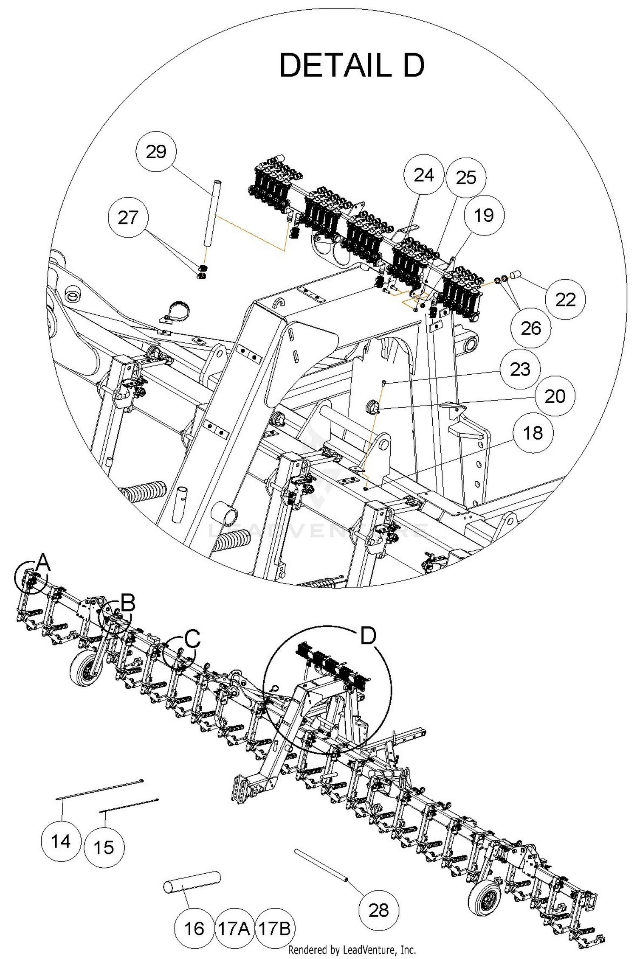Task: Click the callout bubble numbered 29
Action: pyautogui.click(x=156, y=151)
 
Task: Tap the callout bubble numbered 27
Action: pyautogui.click(x=128, y=217)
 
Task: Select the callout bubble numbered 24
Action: pyautogui.click(x=423, y=174)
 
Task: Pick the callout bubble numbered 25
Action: pyautogui.click(x=466, y=177)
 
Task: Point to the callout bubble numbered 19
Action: pyautogui.click(x=484, y=215)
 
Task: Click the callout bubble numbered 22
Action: pyautogui.click(x=565, y=300)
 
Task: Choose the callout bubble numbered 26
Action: pyautogui.click(x=531, y=328)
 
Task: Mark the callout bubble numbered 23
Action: pyautogui.click(x=520, y=369)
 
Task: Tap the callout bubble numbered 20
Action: pyautogui.click(x=555, y=396)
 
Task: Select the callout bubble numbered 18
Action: pyautogui.click(x=533, y=433)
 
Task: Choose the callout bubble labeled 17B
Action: pyautogui.click(x=274, y=928)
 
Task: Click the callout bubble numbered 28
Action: pyautogui.click(x=378, y=910)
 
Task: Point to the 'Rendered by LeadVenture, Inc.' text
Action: pyautogui.click(x=352, y=951)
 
